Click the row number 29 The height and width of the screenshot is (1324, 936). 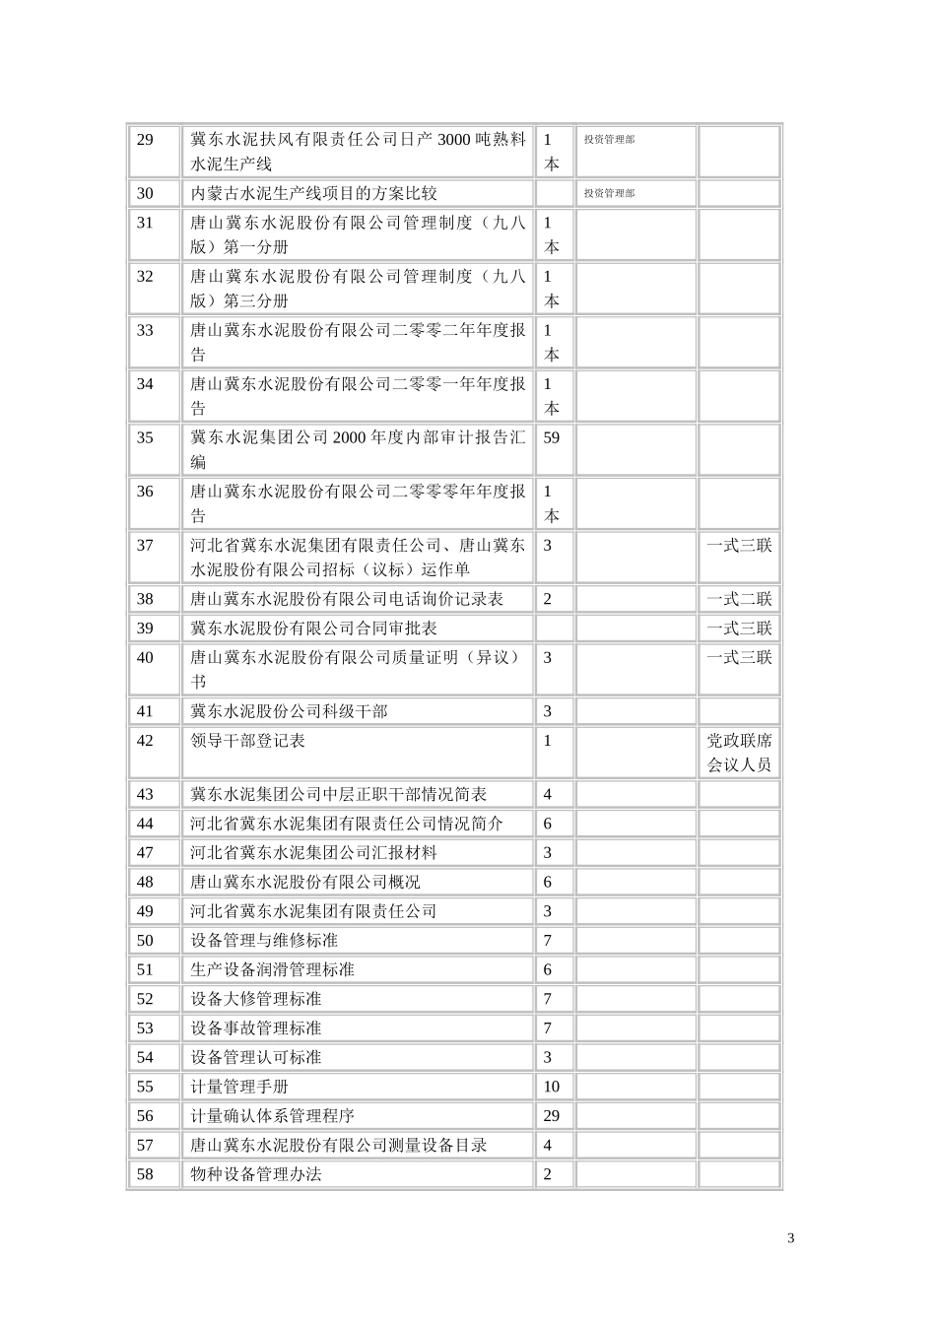[x=145, y=140]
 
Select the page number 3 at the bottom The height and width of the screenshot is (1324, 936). [x=790, y=1238]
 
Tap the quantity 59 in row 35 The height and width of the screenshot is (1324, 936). [x=551, y=437]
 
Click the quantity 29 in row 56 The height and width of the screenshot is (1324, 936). [x=551, y=1116]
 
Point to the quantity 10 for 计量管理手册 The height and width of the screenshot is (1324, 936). [x=551, y=1087]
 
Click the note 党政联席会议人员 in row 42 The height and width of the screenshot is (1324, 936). [x=739, y=753]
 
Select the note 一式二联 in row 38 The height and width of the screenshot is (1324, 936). [x=739, y=599]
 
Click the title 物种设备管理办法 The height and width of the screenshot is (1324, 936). [x=256, y=1174]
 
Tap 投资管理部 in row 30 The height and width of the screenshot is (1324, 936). [x=609, y=193]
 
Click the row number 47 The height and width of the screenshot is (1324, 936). [x=145, y=853]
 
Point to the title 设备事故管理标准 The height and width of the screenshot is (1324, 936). [x=256, y=1028]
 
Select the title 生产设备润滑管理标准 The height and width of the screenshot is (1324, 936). [x=272, y=969]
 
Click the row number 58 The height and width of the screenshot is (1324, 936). [x=145, y=1174]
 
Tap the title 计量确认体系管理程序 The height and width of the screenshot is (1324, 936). [x=272, y=1116]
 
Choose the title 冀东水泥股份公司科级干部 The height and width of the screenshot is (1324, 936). [x=289, y=711]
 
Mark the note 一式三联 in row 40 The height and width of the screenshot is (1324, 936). [x=739, y=657]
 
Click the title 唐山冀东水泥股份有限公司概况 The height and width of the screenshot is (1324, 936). [x=305, y=882]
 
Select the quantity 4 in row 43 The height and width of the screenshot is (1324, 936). [x=548, y=794]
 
